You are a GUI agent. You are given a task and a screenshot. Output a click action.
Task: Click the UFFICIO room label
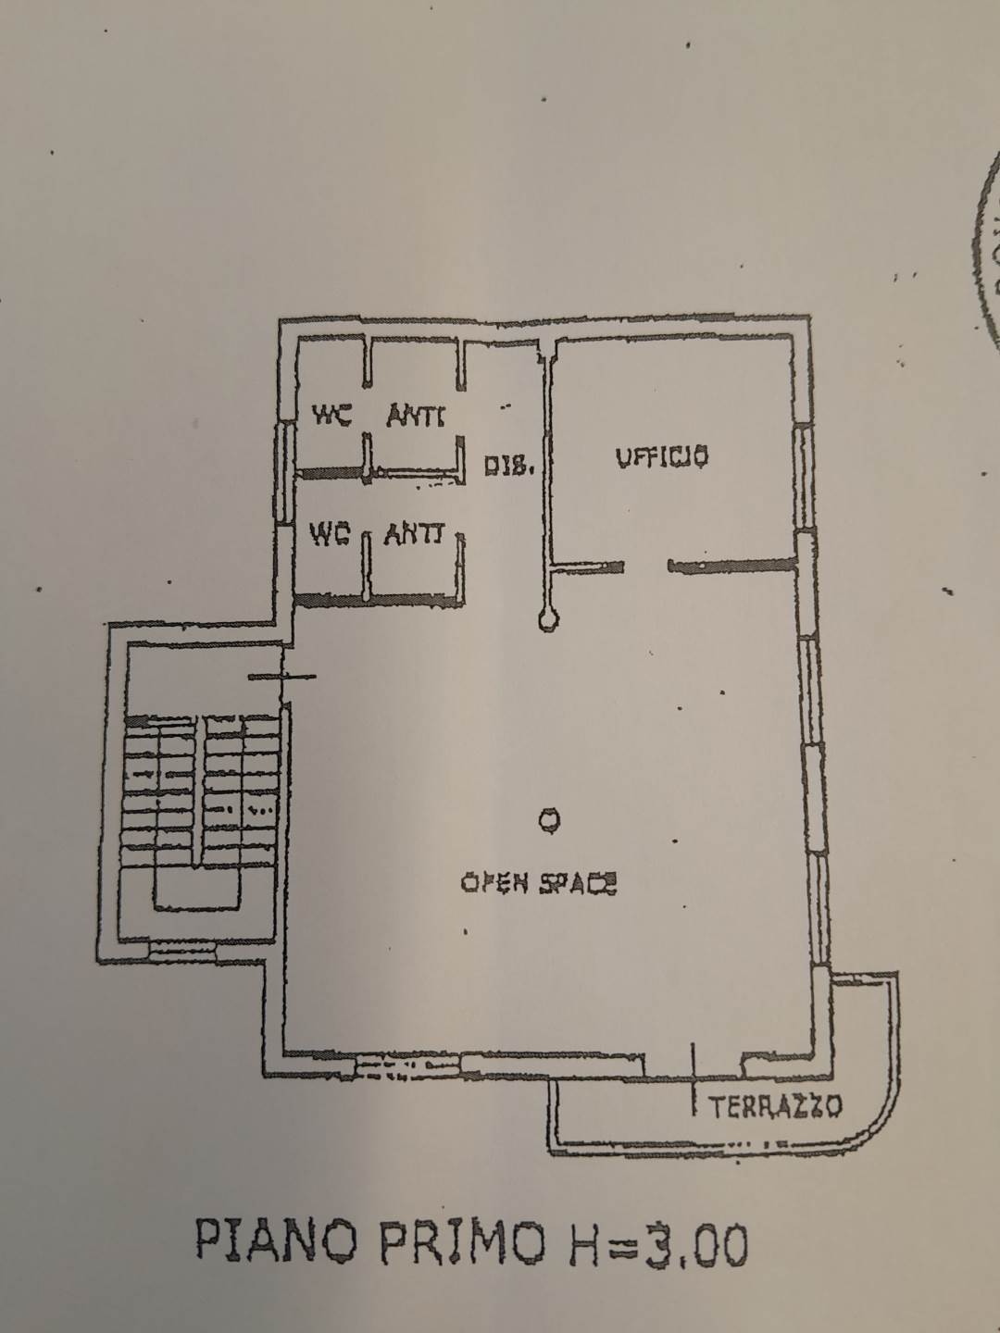pos(663,456)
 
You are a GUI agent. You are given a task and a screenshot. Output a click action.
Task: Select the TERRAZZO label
pos(775,1105)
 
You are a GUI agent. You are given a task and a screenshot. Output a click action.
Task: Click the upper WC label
pos(331,416)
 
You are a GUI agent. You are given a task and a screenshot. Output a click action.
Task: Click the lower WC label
pos(329,534)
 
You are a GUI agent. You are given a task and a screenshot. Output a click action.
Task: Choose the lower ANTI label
pos(414,534)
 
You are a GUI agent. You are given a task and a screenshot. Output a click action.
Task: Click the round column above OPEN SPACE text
pos(548,818)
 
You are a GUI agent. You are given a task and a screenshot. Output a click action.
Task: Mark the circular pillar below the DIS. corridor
pos(548,619)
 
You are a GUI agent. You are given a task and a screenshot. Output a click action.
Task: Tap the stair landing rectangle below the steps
pos(196,889)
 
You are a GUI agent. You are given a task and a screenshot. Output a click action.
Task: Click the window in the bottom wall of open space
pos(407,1068)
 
